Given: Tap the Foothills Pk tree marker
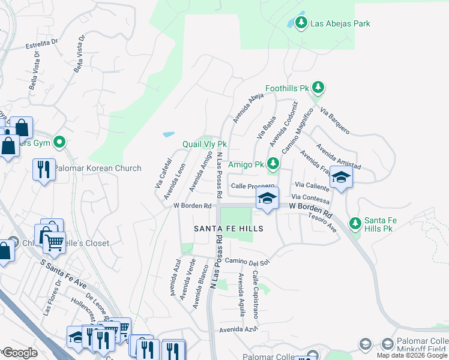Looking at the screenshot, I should coord(318,88).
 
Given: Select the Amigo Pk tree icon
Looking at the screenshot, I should coord(273,163).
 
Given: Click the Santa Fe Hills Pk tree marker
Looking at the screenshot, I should coord(355,223).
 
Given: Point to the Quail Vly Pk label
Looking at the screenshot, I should coord(205,145).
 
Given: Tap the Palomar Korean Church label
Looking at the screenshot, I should coord(98,169).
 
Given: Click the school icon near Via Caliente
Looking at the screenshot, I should coord(341,178).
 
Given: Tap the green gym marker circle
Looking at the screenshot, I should coord(59,142).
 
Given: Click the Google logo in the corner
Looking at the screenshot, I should coord(20,353).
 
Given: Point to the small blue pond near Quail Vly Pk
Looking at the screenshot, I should coord(169,134).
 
